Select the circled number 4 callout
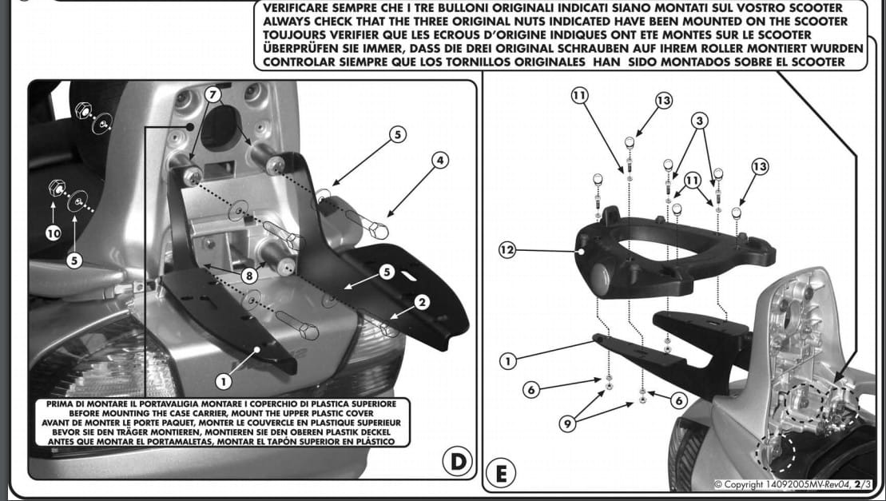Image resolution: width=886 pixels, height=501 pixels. pyautogui.click(x=438, y=160)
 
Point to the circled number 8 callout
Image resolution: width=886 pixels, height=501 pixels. pyautogui.click(x=249, y=275)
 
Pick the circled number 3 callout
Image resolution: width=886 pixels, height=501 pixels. pyautogui.click(x=701, y=121)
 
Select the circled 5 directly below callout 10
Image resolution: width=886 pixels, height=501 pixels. pyautogui.click(x=73, y=260)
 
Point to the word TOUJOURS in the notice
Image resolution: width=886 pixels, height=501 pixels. pyautogui.click(x=289, y=34)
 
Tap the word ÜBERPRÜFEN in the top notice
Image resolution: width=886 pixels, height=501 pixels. pyautogui.click(x=296, y=48)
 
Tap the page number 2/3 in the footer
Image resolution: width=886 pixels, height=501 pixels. pyautogui.click(x=861, y=484)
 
